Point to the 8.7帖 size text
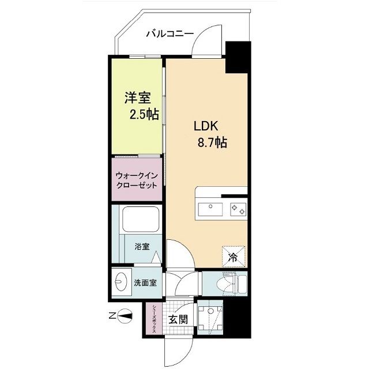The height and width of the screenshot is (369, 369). click(x=213, y=142)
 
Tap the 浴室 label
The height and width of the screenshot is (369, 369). click(x=142, y=247)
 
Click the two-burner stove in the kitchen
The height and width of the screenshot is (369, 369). click(x=239, y=208)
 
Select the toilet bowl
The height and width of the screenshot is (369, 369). click(x=227, y=284)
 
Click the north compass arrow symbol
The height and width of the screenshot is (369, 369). click(x=127, y=316)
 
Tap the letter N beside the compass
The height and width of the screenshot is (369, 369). click(x=112, y=316)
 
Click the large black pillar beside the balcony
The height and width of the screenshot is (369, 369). click(x=237, y=58)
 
